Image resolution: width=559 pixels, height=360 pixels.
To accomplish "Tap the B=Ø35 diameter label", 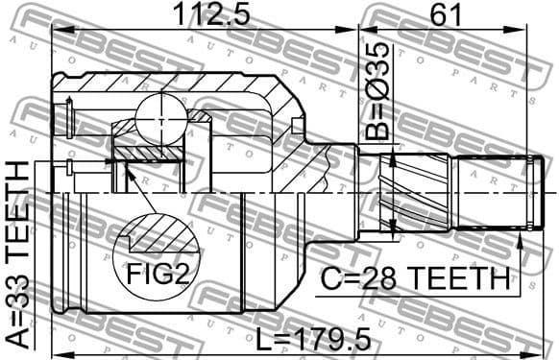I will point(377,90).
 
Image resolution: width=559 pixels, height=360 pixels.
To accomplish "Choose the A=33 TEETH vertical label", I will point(17,252).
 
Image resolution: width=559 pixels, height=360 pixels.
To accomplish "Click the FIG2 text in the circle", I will point(156,276).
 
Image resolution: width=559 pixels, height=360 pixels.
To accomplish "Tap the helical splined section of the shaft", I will point(401,192).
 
